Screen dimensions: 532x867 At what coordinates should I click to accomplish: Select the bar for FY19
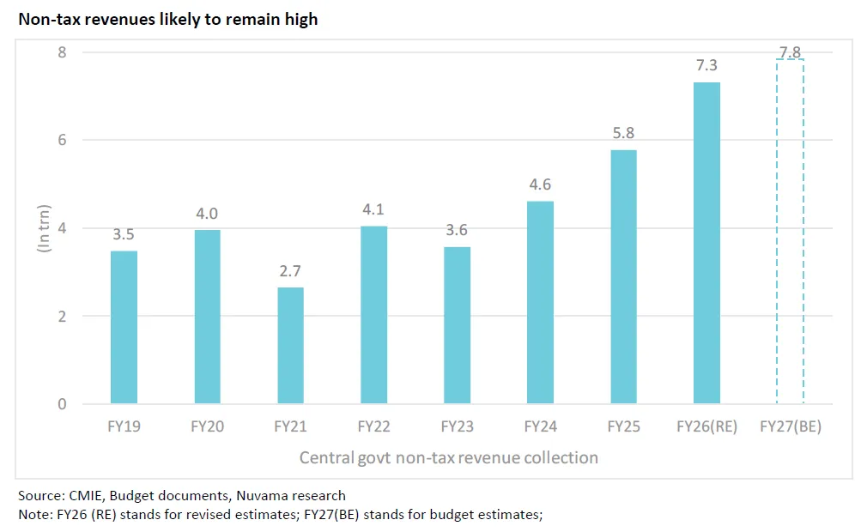tap(124, 327)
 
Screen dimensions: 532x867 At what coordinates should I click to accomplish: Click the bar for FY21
tap(290, 345)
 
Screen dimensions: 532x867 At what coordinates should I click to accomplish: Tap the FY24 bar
tap(540, 302)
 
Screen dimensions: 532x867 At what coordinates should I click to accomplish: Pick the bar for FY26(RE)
tap(706, 243)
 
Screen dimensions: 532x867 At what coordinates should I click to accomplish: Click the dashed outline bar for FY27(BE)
tap(790, 232)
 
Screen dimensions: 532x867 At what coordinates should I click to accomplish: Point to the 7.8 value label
tap(790, 43)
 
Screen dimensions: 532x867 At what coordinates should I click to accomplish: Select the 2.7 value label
tap(290, 271)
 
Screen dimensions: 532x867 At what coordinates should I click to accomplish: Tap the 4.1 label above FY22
tap(373, 209)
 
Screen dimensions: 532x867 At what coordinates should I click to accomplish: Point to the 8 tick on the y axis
tap(63, 52)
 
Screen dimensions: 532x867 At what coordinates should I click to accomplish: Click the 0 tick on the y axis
tap(63, 404)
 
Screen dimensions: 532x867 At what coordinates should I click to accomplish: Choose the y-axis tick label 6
tap(63, 141)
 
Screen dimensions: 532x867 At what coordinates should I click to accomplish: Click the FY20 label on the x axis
tap(207, 426)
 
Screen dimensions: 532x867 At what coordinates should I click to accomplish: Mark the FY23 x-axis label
tap(457, 426)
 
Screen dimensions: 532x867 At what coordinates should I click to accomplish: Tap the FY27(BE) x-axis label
tap(791, 426)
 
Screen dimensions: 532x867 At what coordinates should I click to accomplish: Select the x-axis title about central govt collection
tap(448, 457)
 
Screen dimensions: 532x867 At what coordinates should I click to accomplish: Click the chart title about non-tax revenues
tap(168, 19)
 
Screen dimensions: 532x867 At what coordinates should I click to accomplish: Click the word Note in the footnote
tap(32, 514)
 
